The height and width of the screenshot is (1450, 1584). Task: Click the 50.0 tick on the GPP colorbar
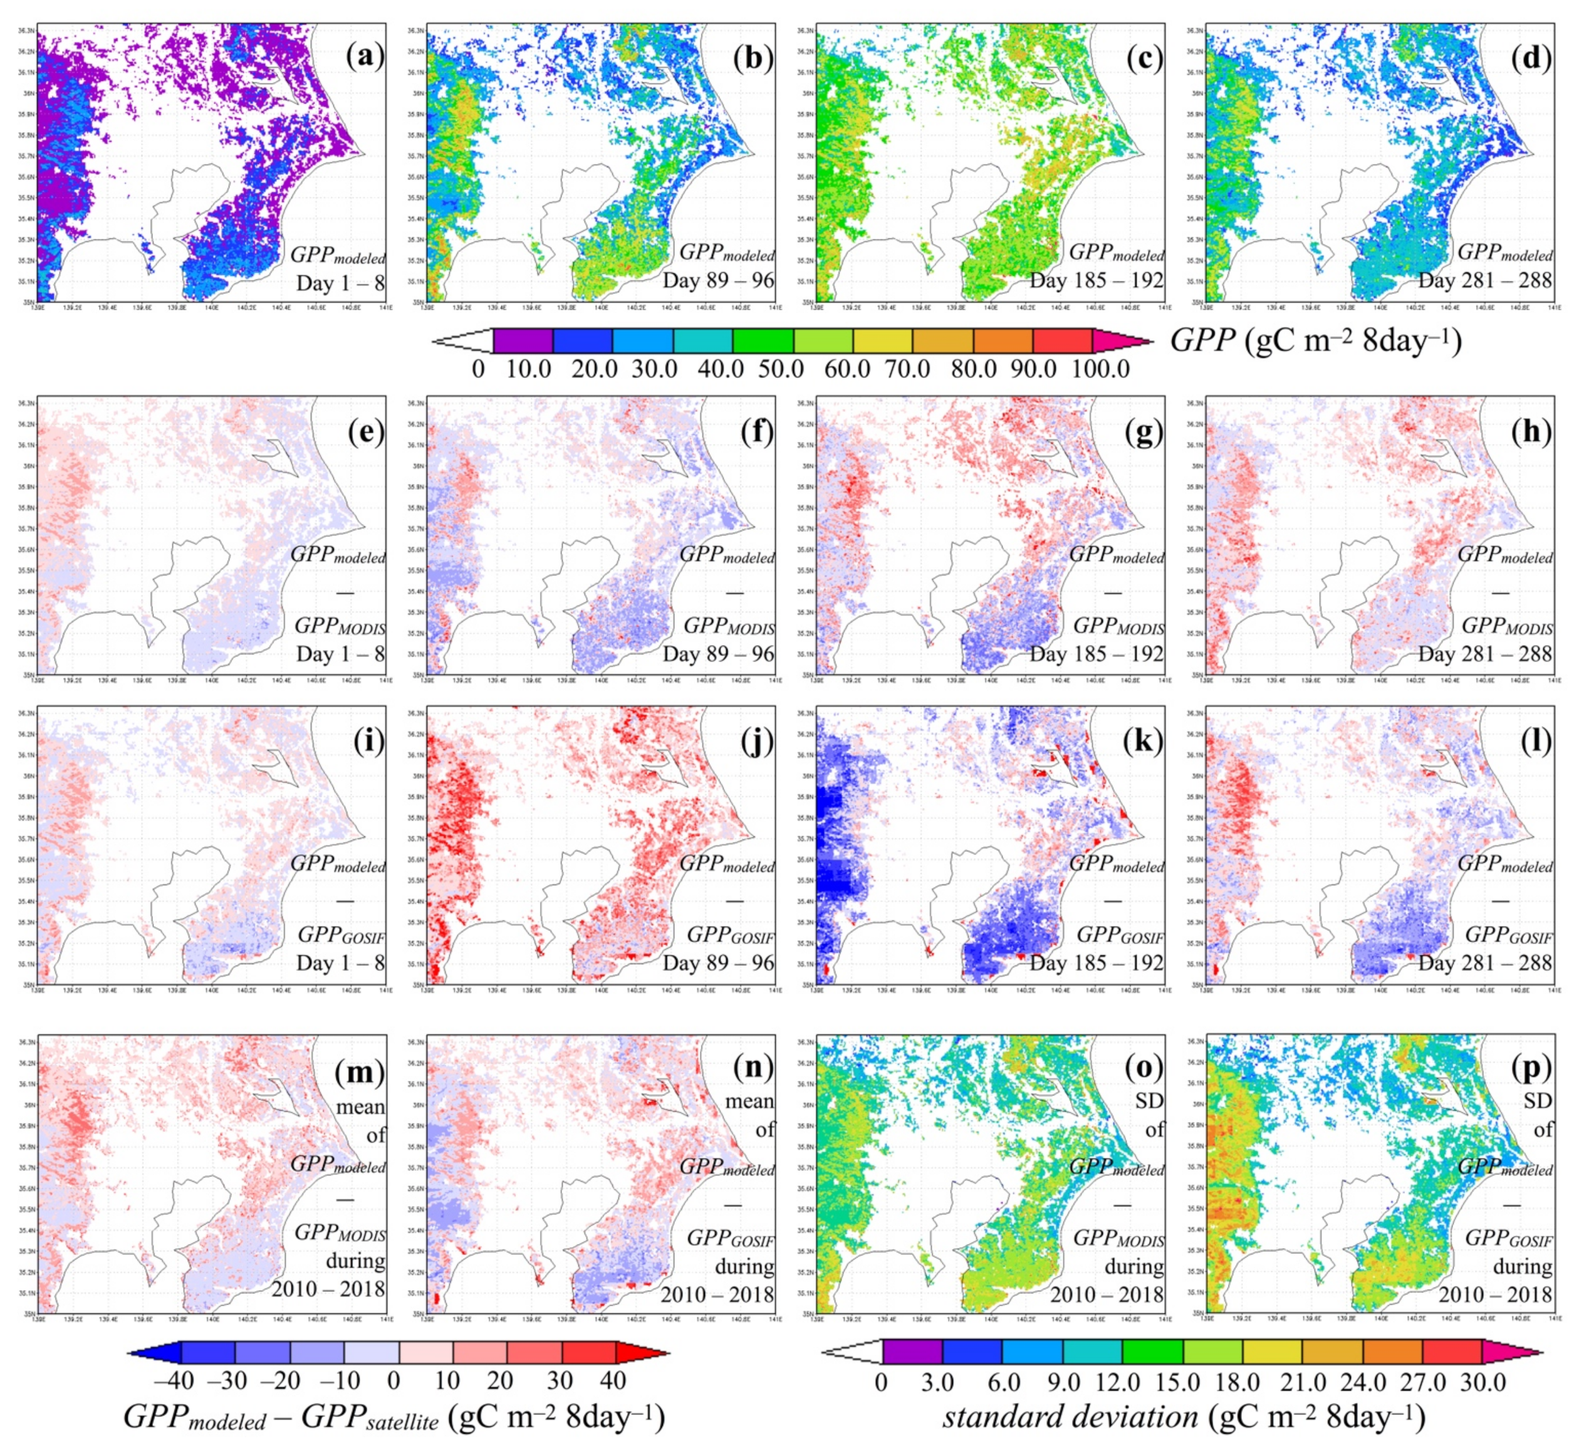(781, 368)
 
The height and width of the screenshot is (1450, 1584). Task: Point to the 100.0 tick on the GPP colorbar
(1101, 368)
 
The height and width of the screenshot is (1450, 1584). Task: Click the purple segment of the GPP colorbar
(523, 340)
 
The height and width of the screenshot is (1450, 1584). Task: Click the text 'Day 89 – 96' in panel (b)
(718, 281)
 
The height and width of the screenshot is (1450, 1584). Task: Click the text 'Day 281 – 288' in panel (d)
(1484, 281)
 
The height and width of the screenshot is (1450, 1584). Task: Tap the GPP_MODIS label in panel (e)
(340, 626)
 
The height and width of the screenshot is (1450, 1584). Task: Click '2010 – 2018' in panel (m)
(328, 1289)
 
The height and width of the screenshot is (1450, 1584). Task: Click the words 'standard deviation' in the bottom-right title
(1070, 1417)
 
